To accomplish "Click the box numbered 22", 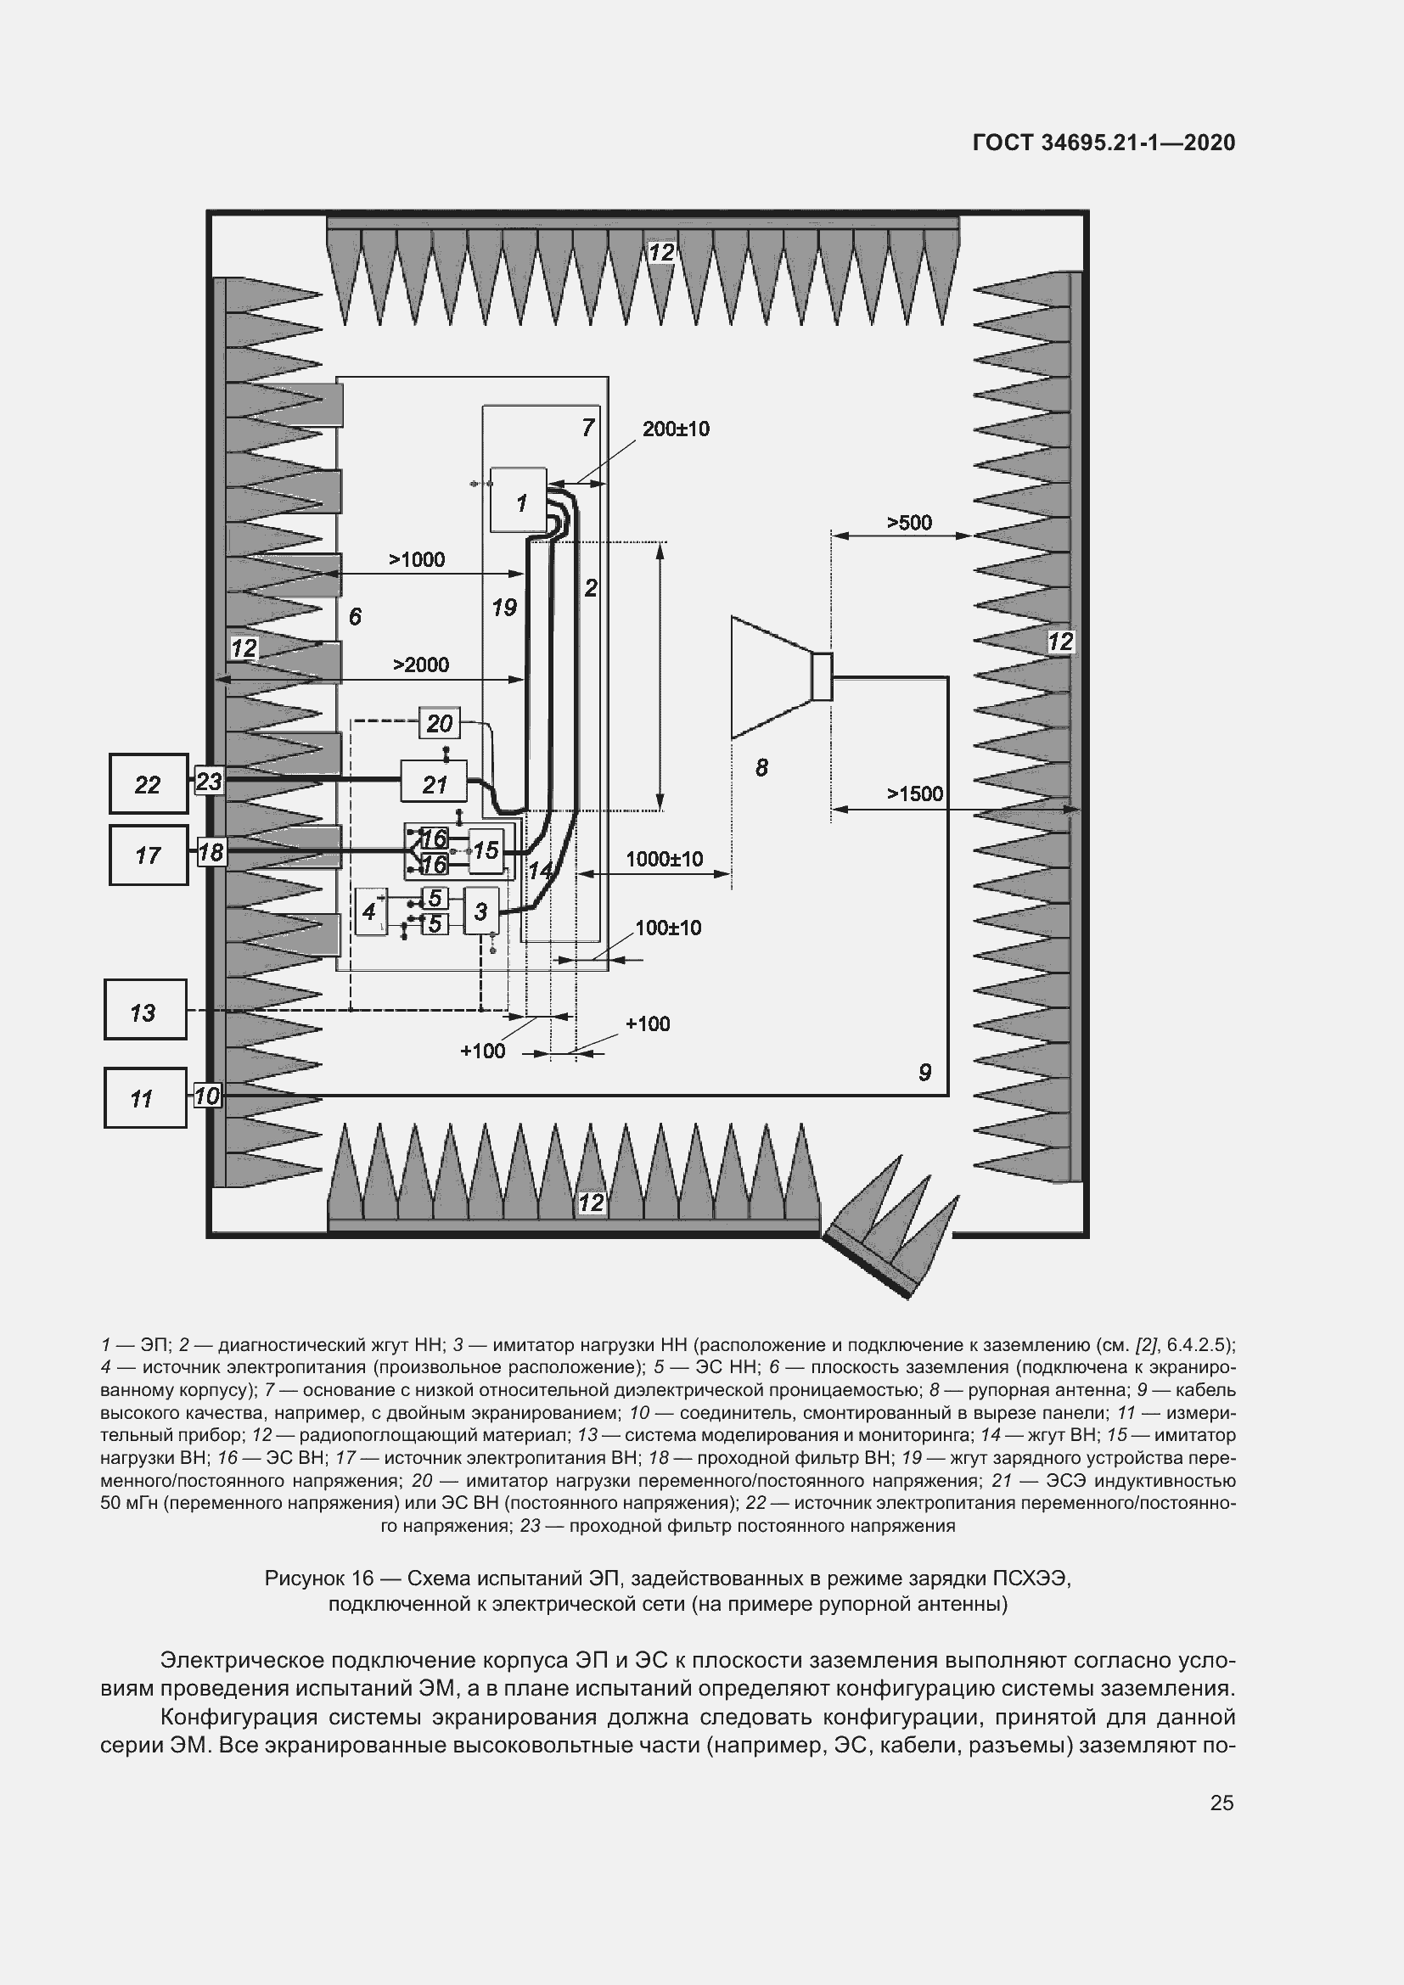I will [148, 783].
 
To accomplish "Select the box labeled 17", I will [148, 855].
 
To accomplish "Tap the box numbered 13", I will [144, 1009].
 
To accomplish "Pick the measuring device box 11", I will [144, 1097].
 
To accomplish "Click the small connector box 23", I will [208, 782].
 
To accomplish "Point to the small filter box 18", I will [210, 852].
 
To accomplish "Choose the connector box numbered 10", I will [207, 1096].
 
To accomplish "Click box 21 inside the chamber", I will [434, 783].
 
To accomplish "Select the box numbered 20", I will [439, 723].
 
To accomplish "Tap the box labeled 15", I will [485, 850].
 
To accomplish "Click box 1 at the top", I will [519, 501].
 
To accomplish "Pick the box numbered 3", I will [480, 911].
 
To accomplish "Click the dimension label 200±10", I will [675, 429].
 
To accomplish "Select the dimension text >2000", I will [421, 664].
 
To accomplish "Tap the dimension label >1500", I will [915, 793].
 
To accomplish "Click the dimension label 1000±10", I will [664, 859].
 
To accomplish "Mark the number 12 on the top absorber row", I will [661, 252].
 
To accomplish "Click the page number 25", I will [1221, 1803].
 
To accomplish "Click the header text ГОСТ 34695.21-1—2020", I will [1104, 143].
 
